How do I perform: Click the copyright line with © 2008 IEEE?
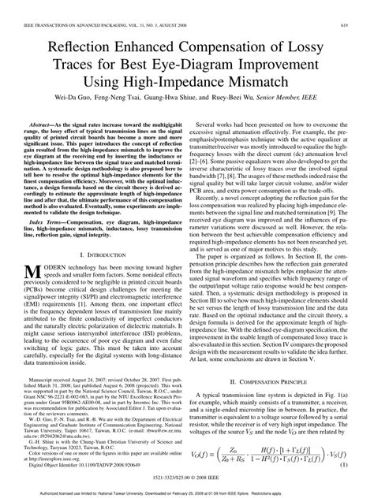(x=186, y=478)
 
